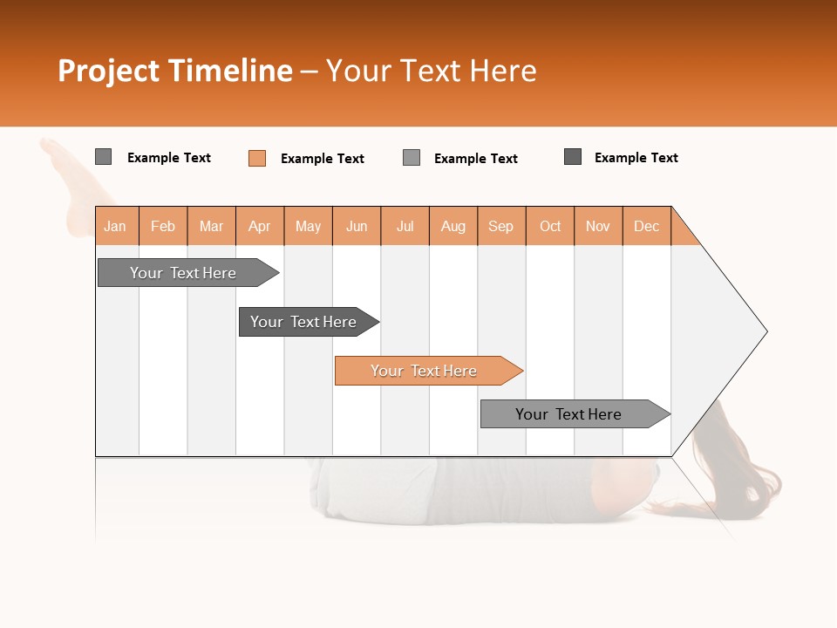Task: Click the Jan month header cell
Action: point(116,226)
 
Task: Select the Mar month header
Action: point(211,226)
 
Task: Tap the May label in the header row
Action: point(308,226)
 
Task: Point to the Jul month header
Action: point(405,226)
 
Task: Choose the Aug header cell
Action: point(453,226)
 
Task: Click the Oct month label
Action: point(550,226)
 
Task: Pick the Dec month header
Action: point(646,226)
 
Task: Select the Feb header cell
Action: point(163,226)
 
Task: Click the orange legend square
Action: point(257,158)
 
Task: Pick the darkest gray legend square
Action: point(573,157)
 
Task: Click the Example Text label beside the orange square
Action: point(322,159)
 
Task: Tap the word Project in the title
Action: point(108,71)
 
